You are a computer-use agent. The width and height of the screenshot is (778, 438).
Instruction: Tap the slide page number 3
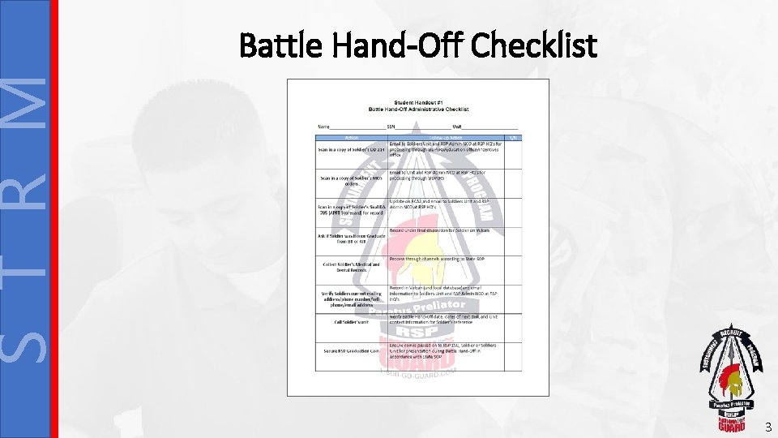767,427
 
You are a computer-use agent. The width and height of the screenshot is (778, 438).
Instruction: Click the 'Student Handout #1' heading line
418,102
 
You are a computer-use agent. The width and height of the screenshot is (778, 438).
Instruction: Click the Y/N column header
512,137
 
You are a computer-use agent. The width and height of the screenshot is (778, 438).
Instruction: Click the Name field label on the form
324,127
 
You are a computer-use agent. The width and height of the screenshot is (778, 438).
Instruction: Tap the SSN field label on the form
391,127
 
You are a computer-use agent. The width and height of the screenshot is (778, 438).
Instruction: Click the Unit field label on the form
457,127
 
